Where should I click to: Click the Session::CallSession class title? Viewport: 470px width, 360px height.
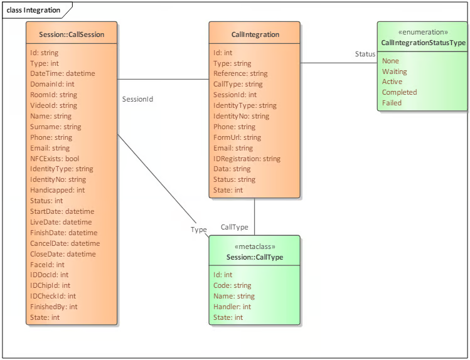click(x=72, y=34)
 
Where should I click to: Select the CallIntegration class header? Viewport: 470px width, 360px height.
click(x=255, y=34)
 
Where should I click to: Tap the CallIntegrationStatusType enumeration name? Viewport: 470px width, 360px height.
click(x=423, y=43)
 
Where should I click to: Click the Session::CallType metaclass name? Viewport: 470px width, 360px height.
click(x=255, y=257)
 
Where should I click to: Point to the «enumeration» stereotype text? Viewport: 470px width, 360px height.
click(x=423, y=32)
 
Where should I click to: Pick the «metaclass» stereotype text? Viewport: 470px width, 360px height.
click(x=255, y=246)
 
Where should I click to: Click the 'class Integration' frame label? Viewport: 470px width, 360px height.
click(x=33, y=10)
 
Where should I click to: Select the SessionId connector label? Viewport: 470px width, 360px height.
click(x=137, y=99)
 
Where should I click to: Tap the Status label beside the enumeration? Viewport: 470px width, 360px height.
click(x=365, y=54)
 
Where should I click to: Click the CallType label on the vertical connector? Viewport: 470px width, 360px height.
click(x=235, y=227)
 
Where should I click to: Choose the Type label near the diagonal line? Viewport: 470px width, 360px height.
click(x=199, y=230)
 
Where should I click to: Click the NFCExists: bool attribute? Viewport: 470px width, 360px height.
click(x=55, y=159)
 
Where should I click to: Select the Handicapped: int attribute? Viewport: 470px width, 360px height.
click(x=57, y=190)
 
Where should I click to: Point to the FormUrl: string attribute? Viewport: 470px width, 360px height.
click(x=237, y=137)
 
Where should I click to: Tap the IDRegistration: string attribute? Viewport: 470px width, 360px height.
click(x=247, y=159)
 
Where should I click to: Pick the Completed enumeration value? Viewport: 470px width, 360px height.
click(x=399, y=92)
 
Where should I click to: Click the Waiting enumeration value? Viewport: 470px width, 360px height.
click(x=395, y=71)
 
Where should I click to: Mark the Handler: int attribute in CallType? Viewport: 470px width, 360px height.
click(x=232, y=307)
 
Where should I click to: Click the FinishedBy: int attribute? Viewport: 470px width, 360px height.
click(x=54, y=307)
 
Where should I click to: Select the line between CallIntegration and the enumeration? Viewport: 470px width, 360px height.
click(x=339, y=63)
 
